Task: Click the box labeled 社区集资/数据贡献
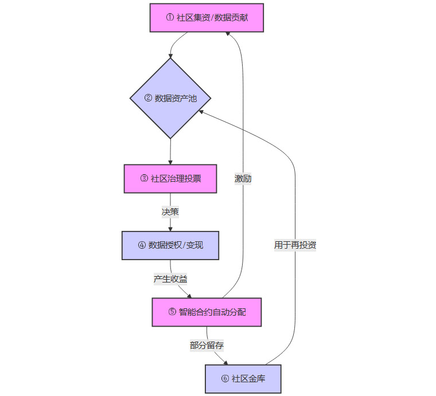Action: click(x=207, y=18)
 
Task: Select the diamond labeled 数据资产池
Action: click(x=170, y=98)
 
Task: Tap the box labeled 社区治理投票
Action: click(x=170, y=179)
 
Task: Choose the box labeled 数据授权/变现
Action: click(x=170, y=245)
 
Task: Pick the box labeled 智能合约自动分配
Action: click(x=207, y=312)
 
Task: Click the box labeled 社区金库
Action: click(x=243, y=379)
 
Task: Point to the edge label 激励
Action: click(x=243, y=179)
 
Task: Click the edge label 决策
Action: click(x=170, y=212)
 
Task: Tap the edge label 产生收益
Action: click(x=170, y=279)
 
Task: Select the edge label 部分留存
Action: click(x=207, y=346)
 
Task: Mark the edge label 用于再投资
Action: click(x=295, y=245)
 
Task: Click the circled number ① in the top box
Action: click(x=170, y=18)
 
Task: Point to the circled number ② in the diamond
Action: click(x=148, y=99)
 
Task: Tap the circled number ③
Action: click(x=144, y=179)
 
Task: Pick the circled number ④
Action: click(x=142, y=246)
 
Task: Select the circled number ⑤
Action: click(x=172, y=312)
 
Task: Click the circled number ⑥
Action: click(x=224, y=379)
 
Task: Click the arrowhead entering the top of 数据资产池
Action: click(x=170, y=56)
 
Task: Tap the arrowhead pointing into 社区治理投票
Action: click(x=170, y=162)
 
